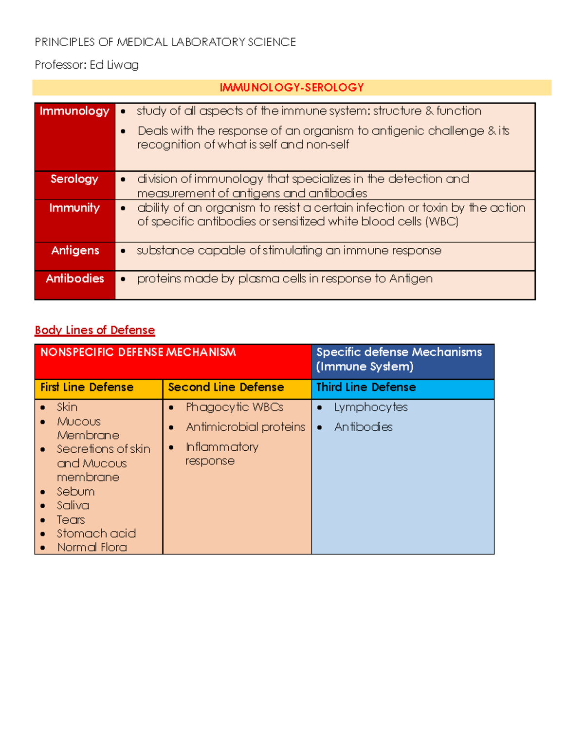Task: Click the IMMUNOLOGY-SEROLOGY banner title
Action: click(x=292, y=88)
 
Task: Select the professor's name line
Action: click(x=87, y=65)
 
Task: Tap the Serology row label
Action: click(x=74, y=179)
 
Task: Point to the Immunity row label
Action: click(x=74, y=208)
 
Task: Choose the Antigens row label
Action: click(x=75, y=250)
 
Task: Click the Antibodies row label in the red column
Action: click(x=75, y=278)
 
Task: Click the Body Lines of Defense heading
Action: click(x=95, y=330)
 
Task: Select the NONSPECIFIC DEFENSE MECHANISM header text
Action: click(x=138, y=352)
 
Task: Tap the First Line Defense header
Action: click(x=87, y=387)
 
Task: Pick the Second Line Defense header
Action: click(x=226, y=387)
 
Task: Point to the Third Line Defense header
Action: click(x=366, y=387)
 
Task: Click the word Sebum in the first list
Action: click(x=75, y=492)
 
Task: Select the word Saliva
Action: click(x=73, y=505)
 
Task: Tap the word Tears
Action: click(x=71, y=519)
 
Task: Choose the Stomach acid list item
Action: click(x=96, y=534)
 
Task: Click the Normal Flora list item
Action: click(x=92, y=547)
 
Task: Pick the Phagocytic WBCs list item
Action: click(x=234, y=407)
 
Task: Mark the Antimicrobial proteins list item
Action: click(x=245, y=427)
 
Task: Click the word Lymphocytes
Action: click(x=371, y=407)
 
